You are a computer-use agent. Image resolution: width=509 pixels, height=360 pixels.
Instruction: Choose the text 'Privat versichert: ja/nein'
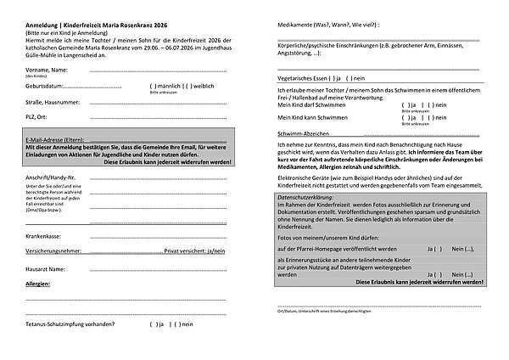[194, 252]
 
